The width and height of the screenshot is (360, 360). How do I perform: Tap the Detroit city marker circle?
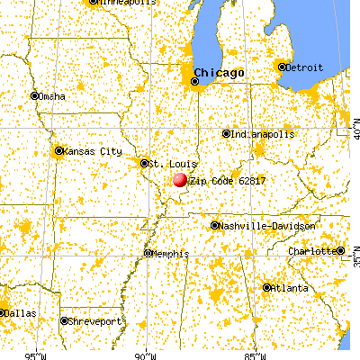click(x=282, y=67)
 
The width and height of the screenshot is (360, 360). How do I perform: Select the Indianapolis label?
click(x=263, y=134)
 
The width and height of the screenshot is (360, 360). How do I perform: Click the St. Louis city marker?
click(x=144, y=163)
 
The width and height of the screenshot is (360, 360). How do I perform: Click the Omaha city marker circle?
click(x=35, y=95)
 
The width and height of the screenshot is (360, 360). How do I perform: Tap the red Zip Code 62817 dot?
click(x=180, y=180)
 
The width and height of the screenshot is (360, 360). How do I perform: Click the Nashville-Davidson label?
click(x=267, y=226)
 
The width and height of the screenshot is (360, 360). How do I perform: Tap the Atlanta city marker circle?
click(x=267, y=287)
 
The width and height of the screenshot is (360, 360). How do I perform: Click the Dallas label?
click(x=22, y=312)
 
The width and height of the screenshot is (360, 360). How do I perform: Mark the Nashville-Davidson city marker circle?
click(x=214, y=226)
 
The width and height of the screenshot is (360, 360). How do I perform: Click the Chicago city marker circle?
click(x=194, y=82)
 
